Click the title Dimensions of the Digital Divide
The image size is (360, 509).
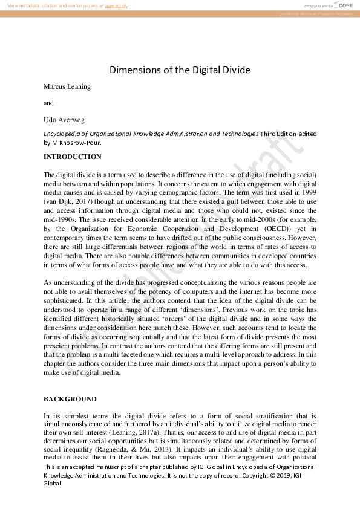click(x=180, y=70)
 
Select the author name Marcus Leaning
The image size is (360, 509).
click(x=67, y=86)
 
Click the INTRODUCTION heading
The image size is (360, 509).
click(x=73, y=157)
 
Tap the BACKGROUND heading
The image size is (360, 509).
click(x=70, y=400)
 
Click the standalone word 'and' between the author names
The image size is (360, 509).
click(x=48, y=103)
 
